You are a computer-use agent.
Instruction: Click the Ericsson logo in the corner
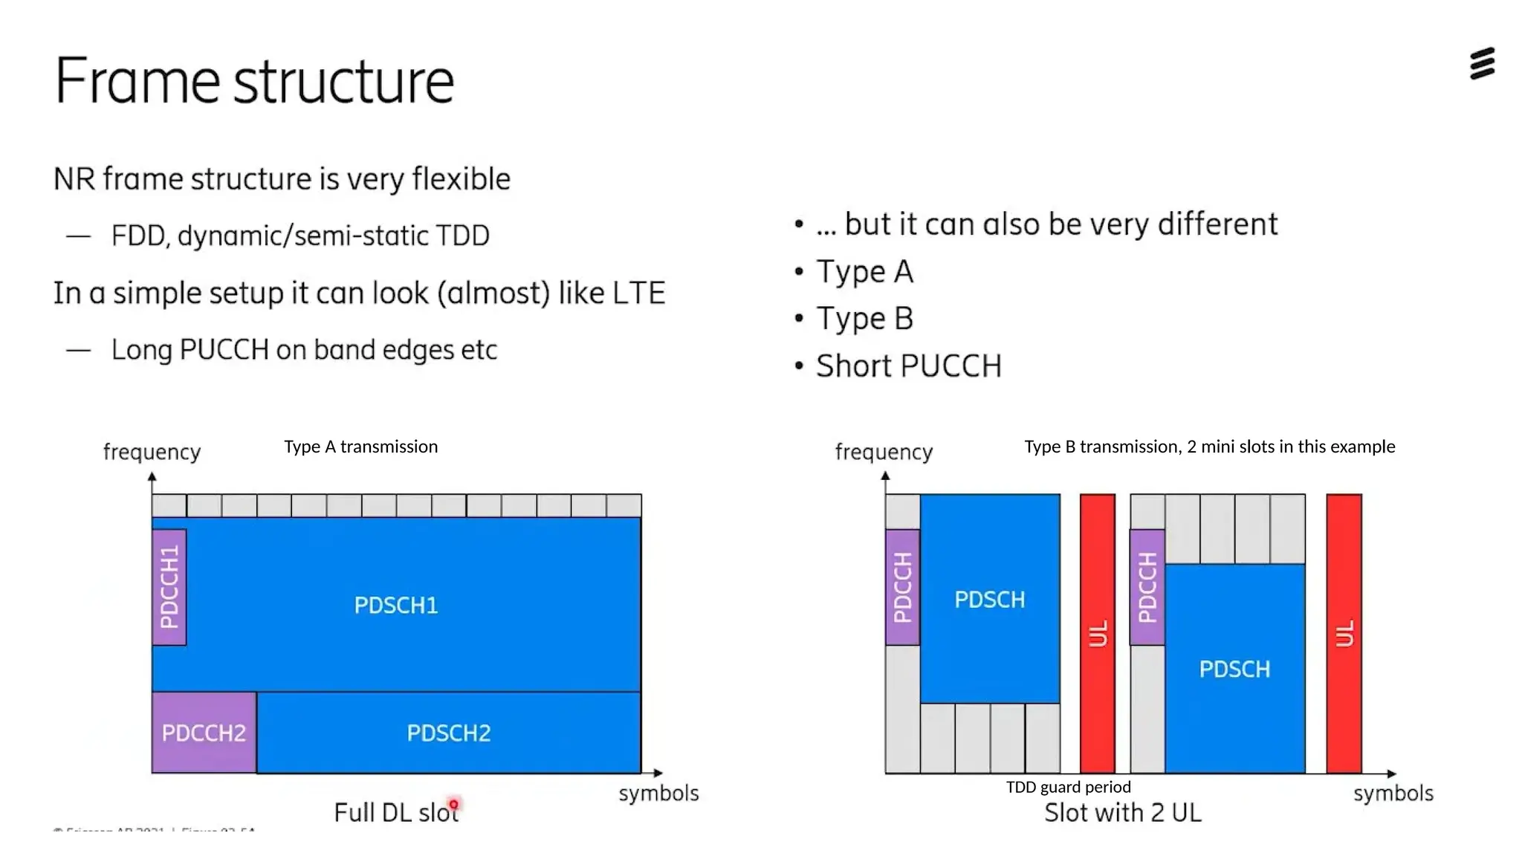click(x=1482, y=64)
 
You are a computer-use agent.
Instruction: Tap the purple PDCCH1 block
click(x=169, y=587)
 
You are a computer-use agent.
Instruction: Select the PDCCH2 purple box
click(x=204, y=733)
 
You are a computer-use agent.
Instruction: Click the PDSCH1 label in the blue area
click(x=395, y=606)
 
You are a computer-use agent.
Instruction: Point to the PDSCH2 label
click(x=448, y=733)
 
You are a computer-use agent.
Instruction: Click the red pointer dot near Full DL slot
click(x=453, y=805)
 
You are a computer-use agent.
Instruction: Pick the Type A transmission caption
click(x=360, y=447)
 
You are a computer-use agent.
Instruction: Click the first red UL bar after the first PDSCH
click(x=1097, y=633)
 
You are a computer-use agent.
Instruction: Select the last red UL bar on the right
click(x=1344, y=633)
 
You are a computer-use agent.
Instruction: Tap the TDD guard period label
click(x=1068, y=787)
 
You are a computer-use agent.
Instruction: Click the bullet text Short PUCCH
click(x=908, y=366)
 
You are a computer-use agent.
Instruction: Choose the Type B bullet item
click(x=864, y=319)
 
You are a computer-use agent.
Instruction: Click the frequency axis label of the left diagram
click(x=152, y=452)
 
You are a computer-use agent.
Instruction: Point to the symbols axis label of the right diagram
click(x=1393, y=793)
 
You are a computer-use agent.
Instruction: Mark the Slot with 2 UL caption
click(x=1122, y=813)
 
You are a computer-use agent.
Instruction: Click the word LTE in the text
click(x=638, y=293)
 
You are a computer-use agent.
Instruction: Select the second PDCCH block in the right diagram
click(x=1147, y=587)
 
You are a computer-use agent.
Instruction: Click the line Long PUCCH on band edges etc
click(x=303, y=350)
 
